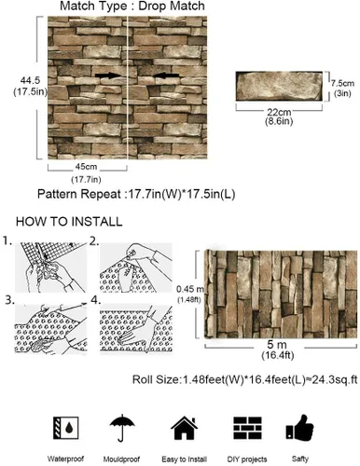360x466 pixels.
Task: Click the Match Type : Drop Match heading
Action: (132, 6)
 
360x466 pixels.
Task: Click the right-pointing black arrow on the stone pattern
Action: (108, 75)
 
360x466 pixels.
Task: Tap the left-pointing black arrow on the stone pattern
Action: (167, 75)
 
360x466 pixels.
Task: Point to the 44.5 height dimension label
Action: (30, 80)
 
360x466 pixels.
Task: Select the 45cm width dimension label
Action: (86, 167)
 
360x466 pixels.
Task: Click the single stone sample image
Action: (279, 86)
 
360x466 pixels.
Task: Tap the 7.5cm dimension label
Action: (342, 83)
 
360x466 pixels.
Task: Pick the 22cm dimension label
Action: (279, 112)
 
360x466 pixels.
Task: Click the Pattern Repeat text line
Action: (136, 194)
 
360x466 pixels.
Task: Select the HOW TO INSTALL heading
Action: (69, 222)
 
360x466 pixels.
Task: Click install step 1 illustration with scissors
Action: (51, 267)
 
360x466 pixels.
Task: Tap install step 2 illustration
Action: (136, 267)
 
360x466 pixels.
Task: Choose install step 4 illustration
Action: (136, 328)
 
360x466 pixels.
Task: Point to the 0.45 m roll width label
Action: (190, 289)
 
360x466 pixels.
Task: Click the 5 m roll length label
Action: (277, 345)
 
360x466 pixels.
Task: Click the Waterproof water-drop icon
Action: (66, 428)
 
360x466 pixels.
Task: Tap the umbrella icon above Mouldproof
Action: (122, 428)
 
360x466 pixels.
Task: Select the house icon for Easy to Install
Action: (185, 428)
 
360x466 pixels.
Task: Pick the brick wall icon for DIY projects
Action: (247, 428)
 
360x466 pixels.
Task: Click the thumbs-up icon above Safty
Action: (299, 428)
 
